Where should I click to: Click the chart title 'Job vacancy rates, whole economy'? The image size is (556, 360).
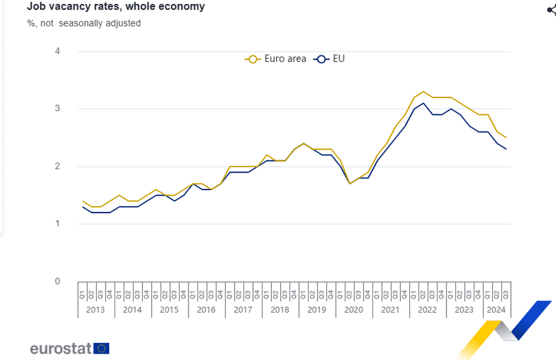(x=116, y=7)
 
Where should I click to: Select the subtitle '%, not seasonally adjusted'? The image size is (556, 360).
(x=83, y=23)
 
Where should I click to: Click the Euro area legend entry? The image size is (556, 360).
(x=276, y=58)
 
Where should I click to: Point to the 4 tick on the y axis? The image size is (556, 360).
(x=57, y=51)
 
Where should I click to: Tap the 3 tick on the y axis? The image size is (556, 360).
(x=57, y=109)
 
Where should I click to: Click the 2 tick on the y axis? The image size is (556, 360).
(x=57, y=166)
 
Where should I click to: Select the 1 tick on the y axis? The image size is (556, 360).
(x=57, y=224)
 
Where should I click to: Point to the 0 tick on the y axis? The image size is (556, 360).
(x=57, y=281)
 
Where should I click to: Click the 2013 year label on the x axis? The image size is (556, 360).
(x=96, y=310)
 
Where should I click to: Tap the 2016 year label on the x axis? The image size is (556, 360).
(x=206, y=310)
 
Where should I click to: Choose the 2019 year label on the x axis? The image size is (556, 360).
(x=316, y=310)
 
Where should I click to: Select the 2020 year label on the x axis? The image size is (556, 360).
(x=353, y=310)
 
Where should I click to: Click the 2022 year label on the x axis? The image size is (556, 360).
(x=427, y=310)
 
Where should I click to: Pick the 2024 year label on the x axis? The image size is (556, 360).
(x=496, y=310)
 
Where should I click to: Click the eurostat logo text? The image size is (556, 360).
(x=60, y=349)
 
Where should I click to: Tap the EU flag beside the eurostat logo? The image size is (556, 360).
(x=102, y=348)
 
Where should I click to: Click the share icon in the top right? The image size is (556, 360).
(x=552, y=10)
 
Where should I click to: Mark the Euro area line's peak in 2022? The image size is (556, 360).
(x=423, y=92)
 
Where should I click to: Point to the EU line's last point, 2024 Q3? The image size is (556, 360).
(x=506, y=149)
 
